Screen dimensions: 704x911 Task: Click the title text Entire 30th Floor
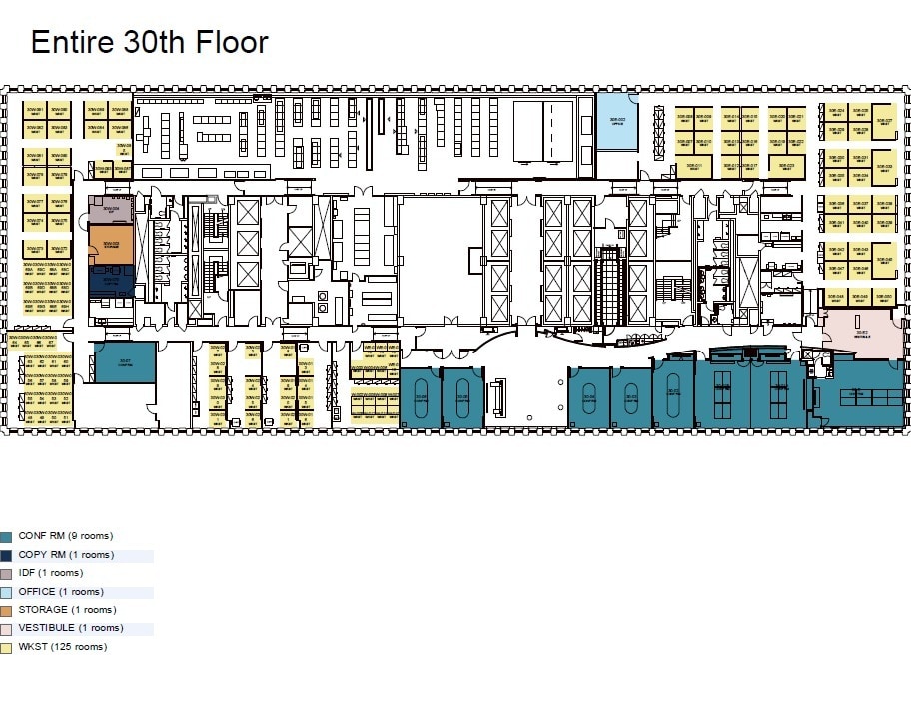(x=149, y=42)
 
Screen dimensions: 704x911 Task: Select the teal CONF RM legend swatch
(x=6, y=536)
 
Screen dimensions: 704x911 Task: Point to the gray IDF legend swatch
(x=6, y=573)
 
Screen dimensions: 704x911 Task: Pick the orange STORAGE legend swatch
(x=6, y=610)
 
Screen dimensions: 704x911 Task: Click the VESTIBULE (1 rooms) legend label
(x=70, y=628)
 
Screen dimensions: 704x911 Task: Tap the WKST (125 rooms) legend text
(x=62, y=647)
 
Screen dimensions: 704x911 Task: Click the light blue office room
(x=617, y=122)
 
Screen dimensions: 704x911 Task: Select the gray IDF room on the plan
(x=110, y=209)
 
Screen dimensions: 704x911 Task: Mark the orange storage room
(x=110, y=244)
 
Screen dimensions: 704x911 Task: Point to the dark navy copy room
(x=110, y=279)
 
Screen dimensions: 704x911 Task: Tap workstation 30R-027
(x=883, y=124)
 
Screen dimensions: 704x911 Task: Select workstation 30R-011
(x=696, y=167)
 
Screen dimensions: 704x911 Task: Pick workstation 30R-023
(x=788, y=167)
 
